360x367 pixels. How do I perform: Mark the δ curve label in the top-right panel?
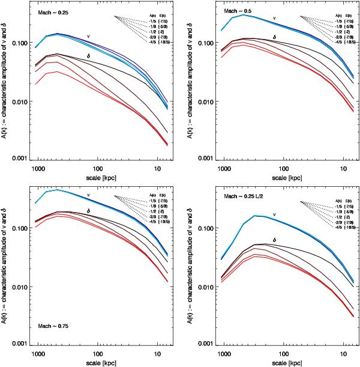coord(274,37)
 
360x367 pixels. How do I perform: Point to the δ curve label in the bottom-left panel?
coord(88,211)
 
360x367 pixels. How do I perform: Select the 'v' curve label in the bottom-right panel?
coord(274,213)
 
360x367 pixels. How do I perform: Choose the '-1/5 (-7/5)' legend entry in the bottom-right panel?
coord(338,202)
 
